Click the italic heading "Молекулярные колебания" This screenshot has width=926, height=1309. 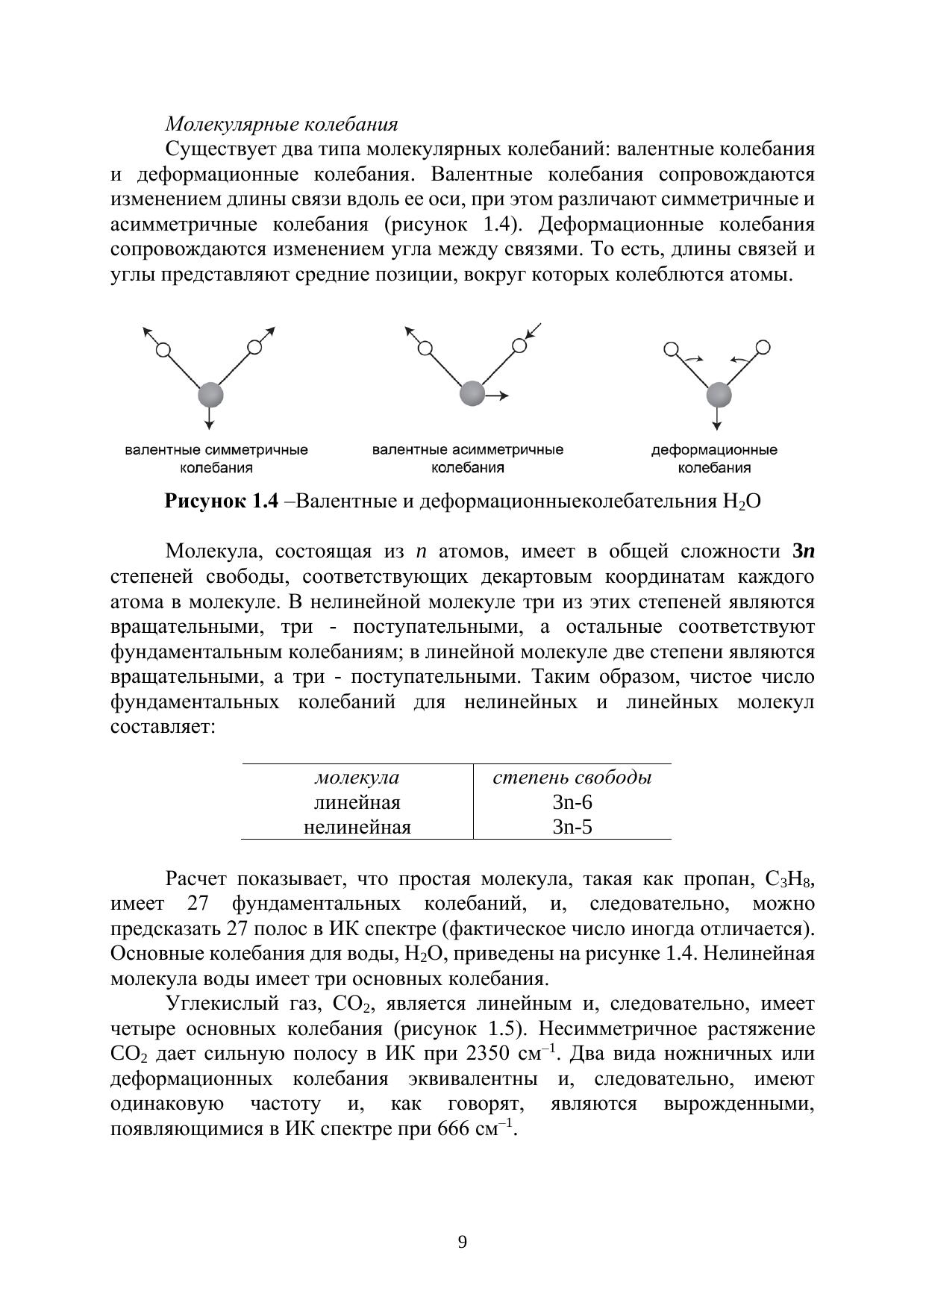click(x=281, y=124)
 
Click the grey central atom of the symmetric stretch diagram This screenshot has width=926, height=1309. click(x=210, y=394)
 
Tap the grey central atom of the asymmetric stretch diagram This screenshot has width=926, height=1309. click(x=472, y=393)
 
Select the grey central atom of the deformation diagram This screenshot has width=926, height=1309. click(x=719, y=394)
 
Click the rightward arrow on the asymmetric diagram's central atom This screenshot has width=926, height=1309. click(x=498, y=396)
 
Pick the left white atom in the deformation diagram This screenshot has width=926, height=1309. click(x=671, y=349)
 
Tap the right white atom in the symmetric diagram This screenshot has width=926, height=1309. click(x=254, y=347)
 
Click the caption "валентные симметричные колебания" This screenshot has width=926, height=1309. click(x=216, y=459)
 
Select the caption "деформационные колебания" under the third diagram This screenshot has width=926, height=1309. click(x=714, y=459)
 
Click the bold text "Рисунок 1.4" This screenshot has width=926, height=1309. click(x=221, y=501)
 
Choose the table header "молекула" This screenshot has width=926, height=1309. click(x=357, y=778)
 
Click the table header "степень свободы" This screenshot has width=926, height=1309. click(x=572, y=778)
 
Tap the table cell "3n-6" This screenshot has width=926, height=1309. click(x=572, y=802)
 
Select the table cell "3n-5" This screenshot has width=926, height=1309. click(x=572, y=827)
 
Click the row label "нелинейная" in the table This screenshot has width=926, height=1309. click(x=357, y=827)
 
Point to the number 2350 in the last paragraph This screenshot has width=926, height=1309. click(x=489, y=1055)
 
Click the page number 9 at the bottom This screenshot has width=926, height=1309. click(x=463, y=1243)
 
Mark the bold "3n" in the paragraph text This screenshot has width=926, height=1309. click(x=803, y=552)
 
